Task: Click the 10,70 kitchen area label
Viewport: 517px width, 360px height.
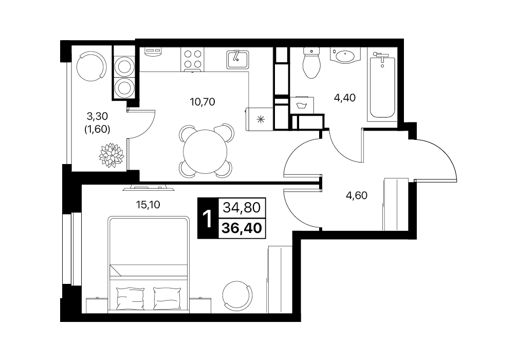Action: click(202, 102)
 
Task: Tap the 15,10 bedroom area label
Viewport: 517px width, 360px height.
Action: click(148, 205)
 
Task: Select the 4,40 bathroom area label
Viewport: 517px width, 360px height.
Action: click(345, 98)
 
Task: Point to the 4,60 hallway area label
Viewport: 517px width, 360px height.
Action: click(357, 195)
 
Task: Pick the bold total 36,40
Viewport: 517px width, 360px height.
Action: click(242, 227)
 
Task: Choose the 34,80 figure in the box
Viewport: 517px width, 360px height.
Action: click(242, 208)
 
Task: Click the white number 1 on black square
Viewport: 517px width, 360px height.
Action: click(208, 218)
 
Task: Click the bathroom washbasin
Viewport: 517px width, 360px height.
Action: click(345, 56)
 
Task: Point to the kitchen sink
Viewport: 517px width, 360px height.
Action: click(237, 59)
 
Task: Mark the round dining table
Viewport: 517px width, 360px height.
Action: click(205, 151)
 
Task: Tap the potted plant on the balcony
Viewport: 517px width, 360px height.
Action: click(112, 155)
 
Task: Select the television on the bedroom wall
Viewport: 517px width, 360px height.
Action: click(149, 188)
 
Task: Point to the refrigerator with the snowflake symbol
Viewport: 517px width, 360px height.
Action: click(260, 119)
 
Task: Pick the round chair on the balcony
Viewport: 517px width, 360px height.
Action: click(91, 66)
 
